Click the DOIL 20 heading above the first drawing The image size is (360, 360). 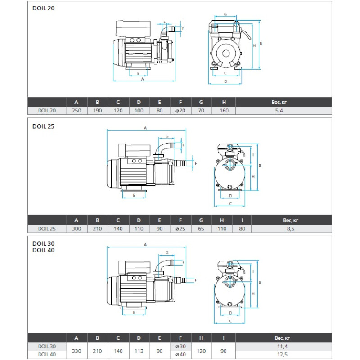(43, 8)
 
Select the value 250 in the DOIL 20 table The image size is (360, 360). (76, 111)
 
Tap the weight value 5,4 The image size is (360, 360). (279, 111)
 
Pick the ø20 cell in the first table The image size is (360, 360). (180, 111)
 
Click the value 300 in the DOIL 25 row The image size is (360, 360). (76, 229)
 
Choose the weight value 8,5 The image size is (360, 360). (290, 229)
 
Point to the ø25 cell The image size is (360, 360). (180, 229)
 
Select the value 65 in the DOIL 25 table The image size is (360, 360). (201, 229)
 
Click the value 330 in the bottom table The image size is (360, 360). (76, 351)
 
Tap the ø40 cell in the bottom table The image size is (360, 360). (180, 355)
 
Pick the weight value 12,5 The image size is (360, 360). (282, 355)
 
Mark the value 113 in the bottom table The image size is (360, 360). (139, 351)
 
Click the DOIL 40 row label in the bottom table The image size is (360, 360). (47, 355)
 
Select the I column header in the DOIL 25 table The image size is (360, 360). (242, 220)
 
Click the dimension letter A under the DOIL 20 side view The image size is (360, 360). (143, 79)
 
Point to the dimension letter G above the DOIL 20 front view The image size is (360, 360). (225, 14)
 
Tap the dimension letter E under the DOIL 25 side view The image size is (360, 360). (134, 196)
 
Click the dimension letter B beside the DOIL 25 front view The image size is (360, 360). (260, 166)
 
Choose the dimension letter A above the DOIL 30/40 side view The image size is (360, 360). (145, 245)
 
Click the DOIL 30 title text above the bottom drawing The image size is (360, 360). (43, 243)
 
